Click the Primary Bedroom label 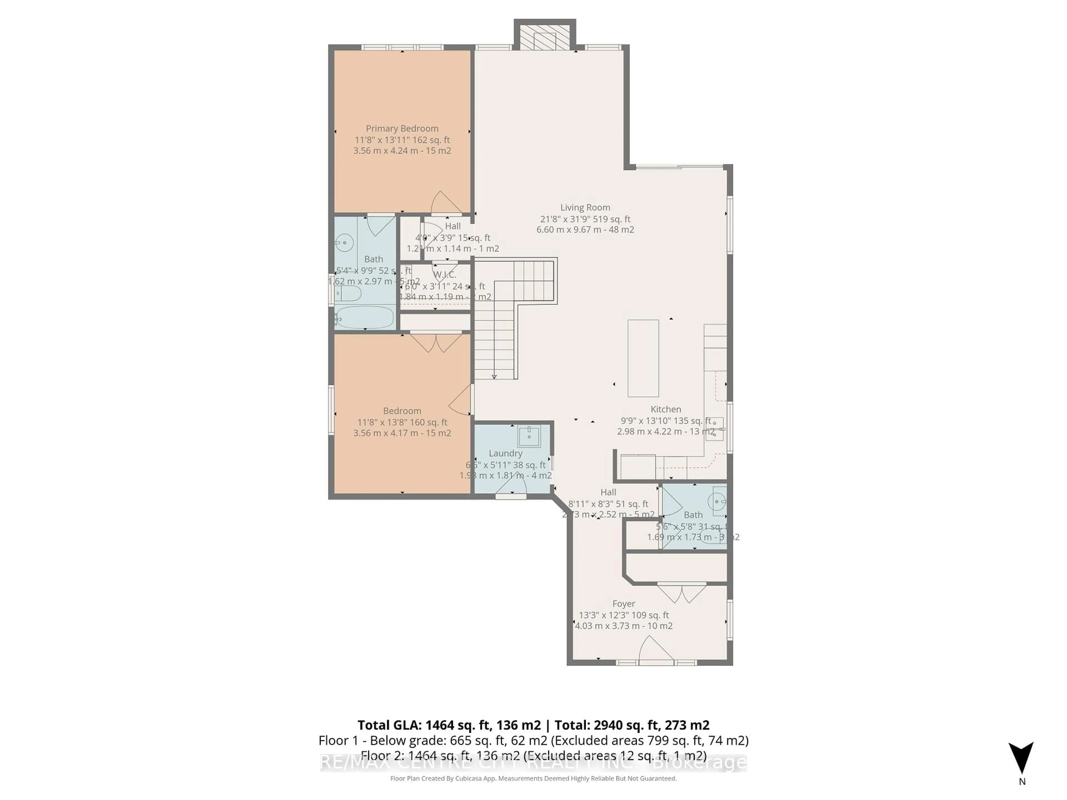pyautogui.click(x=402, y=128)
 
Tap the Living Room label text pyautogui.click(x=585, y=207)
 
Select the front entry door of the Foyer pyautogui.click(x=656, y=651)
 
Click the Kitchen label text pyautogui.click(x=666, y=409)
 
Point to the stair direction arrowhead pyautogui.click(x=494, y=377)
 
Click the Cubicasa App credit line pyautogui.click(x=533, y=778)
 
